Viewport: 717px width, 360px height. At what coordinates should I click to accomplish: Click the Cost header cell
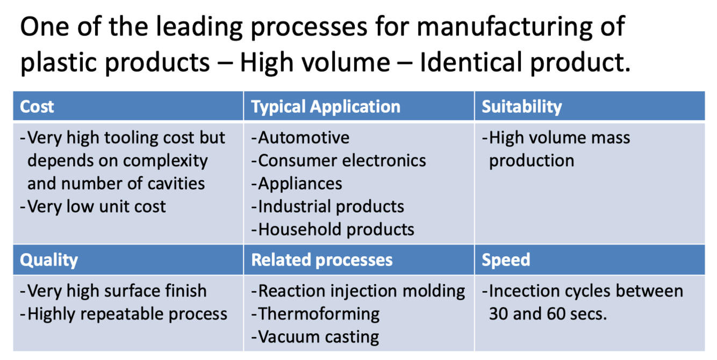click(x=37, y=106)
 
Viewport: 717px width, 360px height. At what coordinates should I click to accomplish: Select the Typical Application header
click(x=326, y=106)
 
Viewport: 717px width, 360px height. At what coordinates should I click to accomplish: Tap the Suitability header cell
click(x=521, y=106)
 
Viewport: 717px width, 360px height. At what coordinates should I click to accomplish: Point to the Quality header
click(x=49, y=260)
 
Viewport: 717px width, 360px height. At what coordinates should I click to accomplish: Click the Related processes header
click(x=322, y=260)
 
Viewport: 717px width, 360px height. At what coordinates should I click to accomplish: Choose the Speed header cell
click(x=506, y=260)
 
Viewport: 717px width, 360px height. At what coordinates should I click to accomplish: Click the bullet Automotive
click(x=303, y=138)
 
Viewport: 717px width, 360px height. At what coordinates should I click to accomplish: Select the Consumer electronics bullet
click(x=342, y=161)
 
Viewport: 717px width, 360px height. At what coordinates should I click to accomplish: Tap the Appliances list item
click(x=300, y=184)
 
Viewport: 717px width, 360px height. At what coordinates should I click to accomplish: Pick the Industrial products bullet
click(x=331, y=206)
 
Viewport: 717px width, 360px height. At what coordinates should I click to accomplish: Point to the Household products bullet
click(x=336, y=229)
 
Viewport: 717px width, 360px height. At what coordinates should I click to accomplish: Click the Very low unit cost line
click(x=96, y=206)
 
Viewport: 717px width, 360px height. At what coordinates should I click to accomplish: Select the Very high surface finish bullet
click(x=117, y=291)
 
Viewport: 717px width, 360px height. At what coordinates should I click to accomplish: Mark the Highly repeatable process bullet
click(x=127, y=314)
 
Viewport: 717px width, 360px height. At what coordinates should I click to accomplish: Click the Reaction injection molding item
click(x=361, y=291)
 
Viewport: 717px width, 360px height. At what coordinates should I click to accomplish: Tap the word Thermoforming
click(x=319, y=314)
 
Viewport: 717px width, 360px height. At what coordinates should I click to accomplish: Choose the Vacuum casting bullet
click(x=318, y=337)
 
